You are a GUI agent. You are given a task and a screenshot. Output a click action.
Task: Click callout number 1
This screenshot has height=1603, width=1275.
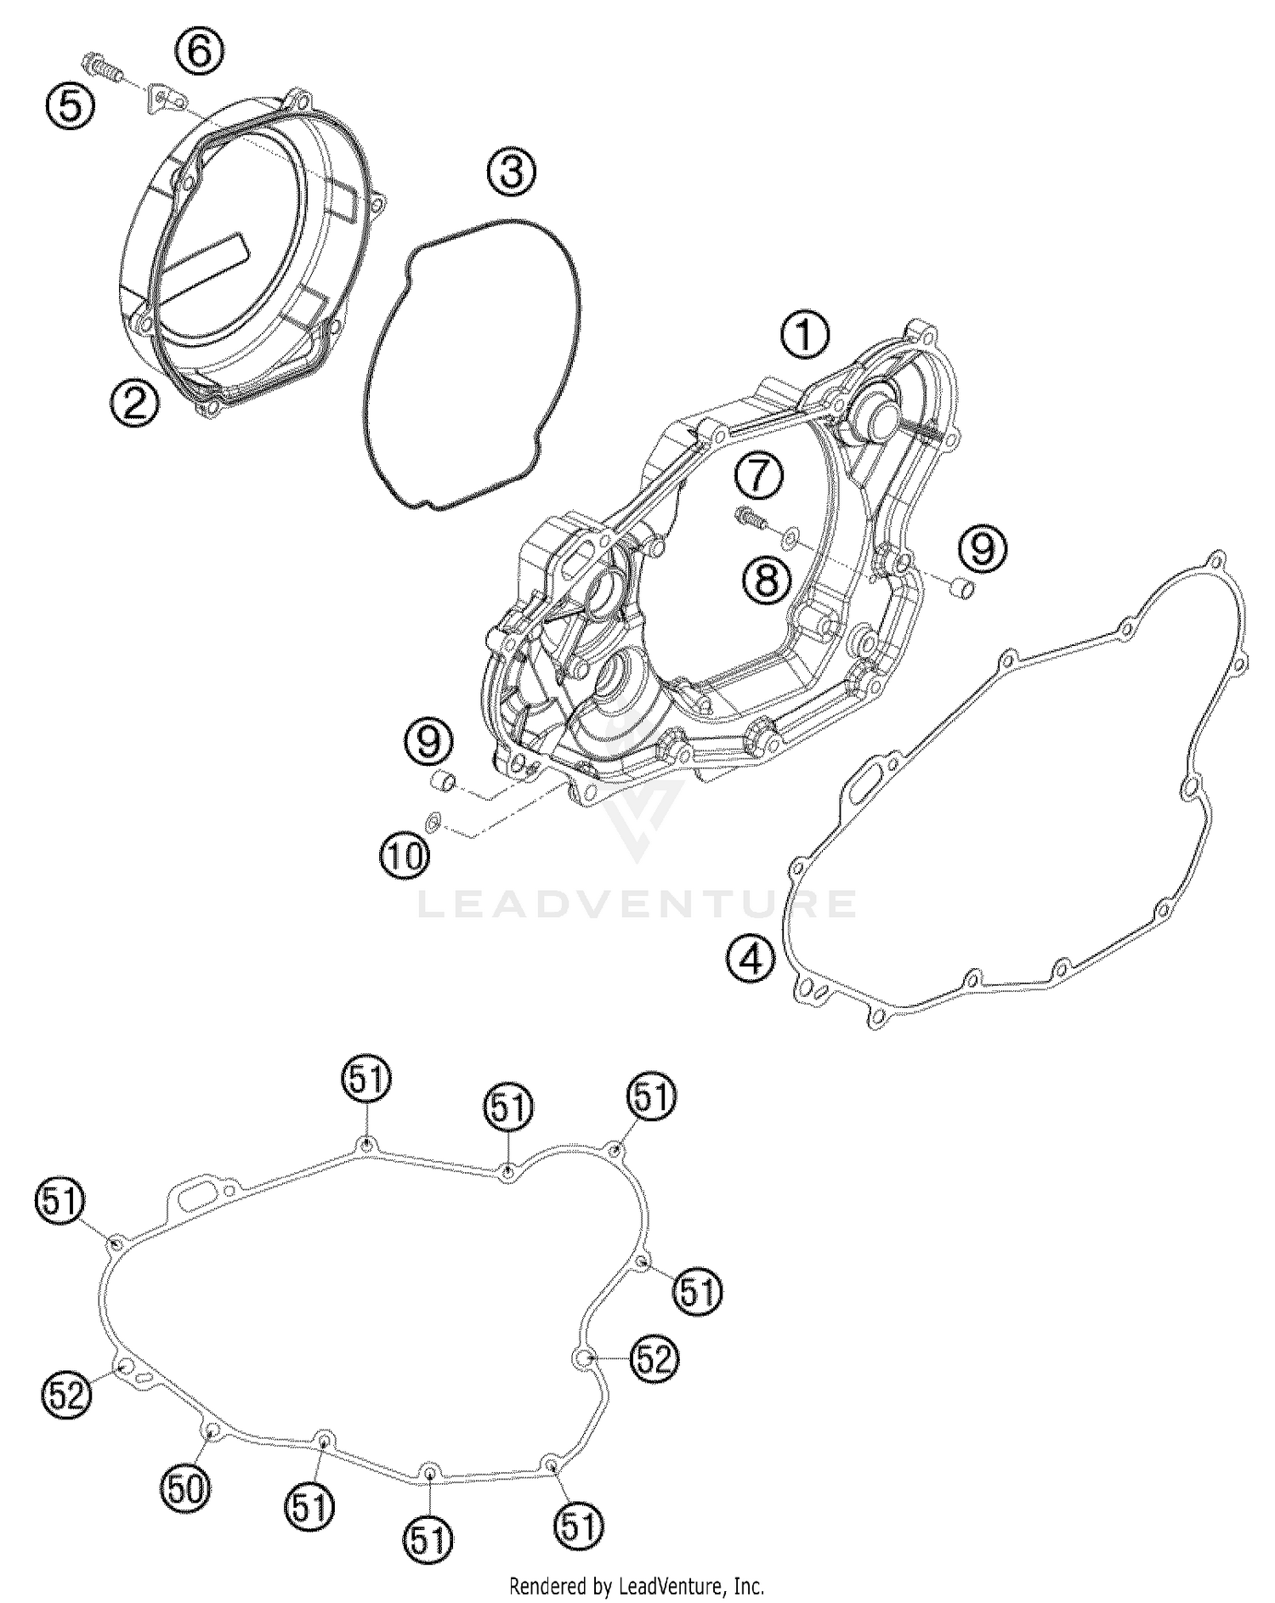pyautogui.click(x=805, y=334)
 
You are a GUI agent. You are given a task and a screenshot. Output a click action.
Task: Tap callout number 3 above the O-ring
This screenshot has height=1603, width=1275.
pyautogui.click(x=512, y=172)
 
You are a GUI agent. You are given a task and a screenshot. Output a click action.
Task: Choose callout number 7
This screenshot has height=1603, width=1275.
pyautogui.click(x=759, y=475)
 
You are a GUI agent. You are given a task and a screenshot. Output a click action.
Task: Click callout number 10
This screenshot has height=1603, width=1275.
pyautogui.click(x=404, y=855)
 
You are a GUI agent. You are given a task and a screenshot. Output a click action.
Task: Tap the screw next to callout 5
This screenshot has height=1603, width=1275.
pyautogui.click(x=100, y=65)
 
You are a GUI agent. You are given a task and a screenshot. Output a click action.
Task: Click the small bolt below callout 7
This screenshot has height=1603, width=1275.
pyautogui.click(x=749, y=515)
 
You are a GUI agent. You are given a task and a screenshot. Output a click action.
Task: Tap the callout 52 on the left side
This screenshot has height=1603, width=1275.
pyautogui.click(x=66, y=1394)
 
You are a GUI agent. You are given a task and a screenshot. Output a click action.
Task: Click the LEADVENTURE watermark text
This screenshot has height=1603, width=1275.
pyautogui.click(x=637, y=903)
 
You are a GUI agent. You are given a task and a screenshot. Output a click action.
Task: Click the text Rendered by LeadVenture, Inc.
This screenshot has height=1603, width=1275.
pyautogui.click(x=637, y=1585)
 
